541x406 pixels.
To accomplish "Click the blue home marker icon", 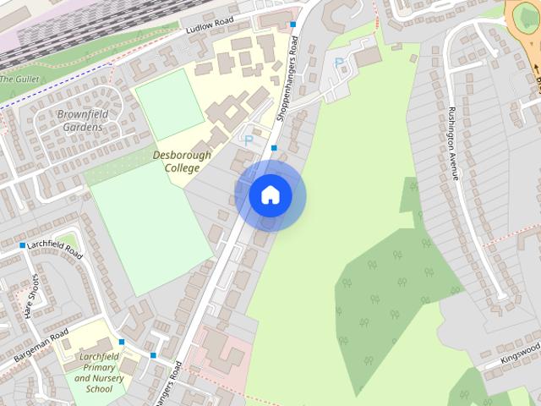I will (270, 195).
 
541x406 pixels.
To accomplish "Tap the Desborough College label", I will (176, 162).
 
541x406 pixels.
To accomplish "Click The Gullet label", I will (19, 79).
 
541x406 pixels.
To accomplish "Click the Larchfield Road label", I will (55, 250).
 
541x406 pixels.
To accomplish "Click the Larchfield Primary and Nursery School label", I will (105, 372).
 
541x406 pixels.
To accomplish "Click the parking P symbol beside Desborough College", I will (249, 140).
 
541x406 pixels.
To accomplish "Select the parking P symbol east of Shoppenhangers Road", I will (339, 63).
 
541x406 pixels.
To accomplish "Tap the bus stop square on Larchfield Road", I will (23, 245).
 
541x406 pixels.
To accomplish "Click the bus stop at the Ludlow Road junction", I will (292, 25).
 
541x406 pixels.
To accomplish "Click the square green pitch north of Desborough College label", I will (170, 104).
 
